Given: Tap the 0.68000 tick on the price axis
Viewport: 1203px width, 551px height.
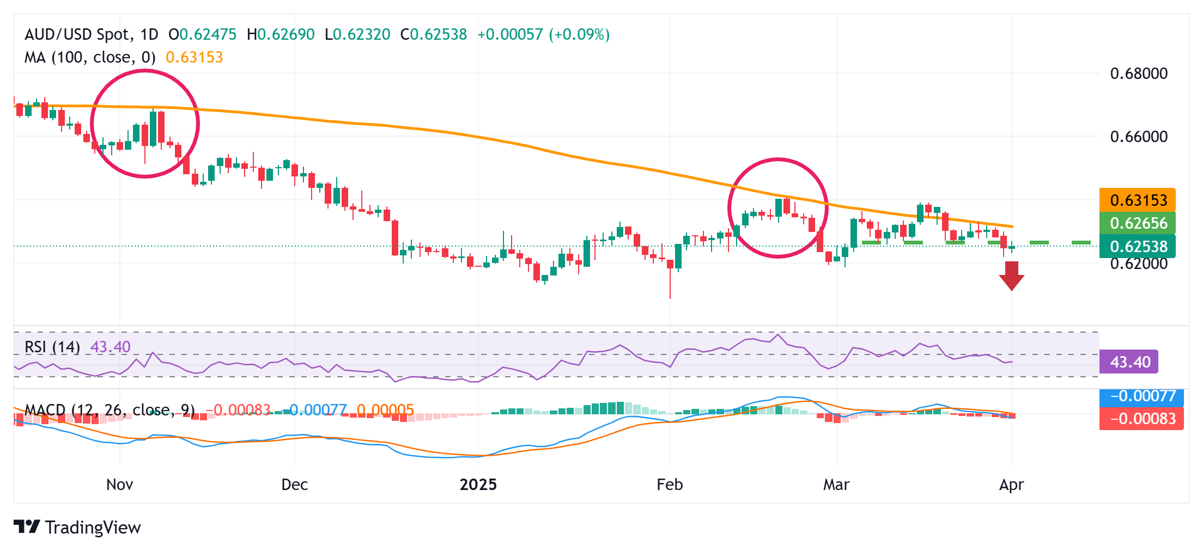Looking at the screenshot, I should tap(1139, 74).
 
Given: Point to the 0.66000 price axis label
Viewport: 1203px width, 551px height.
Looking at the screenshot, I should tap(1139, 137).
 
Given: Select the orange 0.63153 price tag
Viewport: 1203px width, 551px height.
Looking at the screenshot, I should tap(1138, 200).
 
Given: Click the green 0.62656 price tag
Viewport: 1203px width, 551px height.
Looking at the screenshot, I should tap(1138, 223).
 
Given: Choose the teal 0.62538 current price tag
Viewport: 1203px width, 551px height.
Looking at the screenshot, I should tap(1138, 247).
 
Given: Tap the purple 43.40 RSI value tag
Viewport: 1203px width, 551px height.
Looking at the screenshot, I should tap(1129, 362).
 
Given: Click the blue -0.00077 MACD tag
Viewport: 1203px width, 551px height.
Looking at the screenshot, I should tap(1141, 396).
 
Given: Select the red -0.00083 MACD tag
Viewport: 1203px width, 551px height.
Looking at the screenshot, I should tap(1141, 419).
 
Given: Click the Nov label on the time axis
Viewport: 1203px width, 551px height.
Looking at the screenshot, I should tap(119, 485).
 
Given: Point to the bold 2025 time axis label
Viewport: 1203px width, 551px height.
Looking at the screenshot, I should tap(478, 485).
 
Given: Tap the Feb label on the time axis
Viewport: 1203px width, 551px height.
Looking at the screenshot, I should tap(670, 485).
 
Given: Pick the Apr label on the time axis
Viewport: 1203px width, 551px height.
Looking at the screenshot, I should tap(1011, 485).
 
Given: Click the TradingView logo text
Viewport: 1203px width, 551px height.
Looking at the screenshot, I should tap(93, 528).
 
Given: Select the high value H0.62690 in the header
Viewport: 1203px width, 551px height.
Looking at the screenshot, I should tap(281, 35).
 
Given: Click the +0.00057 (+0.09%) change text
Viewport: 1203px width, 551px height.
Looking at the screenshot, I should tap(543, 35).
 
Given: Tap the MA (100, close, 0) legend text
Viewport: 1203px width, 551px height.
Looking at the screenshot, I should tap(90, 57).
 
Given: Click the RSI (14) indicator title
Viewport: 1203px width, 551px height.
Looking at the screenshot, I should tap(52, 347).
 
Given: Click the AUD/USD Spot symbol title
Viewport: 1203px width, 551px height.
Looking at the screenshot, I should tap(78, 35).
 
